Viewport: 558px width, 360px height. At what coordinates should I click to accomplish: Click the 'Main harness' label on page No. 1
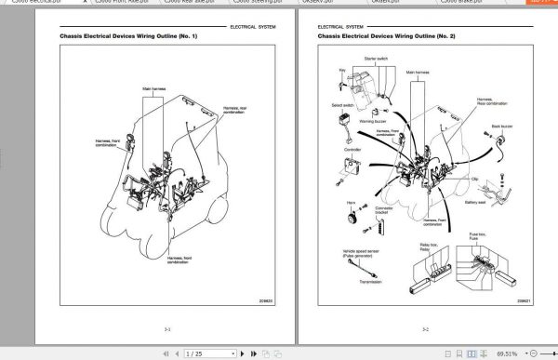pos(154,89)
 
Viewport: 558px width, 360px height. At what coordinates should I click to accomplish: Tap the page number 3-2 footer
pos(425,328)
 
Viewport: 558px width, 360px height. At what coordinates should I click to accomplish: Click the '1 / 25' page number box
pos(193,353)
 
